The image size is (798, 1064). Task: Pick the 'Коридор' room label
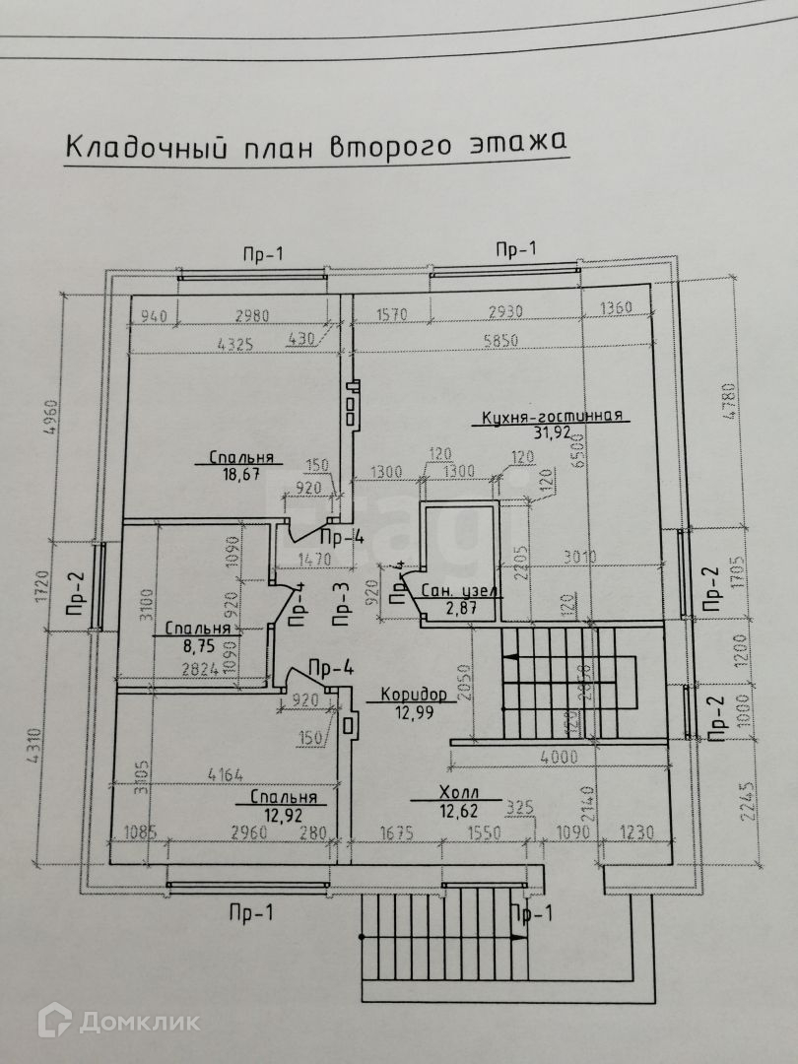[x=414, y=695]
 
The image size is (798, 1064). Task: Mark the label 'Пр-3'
[x=339, y=605]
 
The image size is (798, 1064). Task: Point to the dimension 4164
[x=225, y=775]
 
